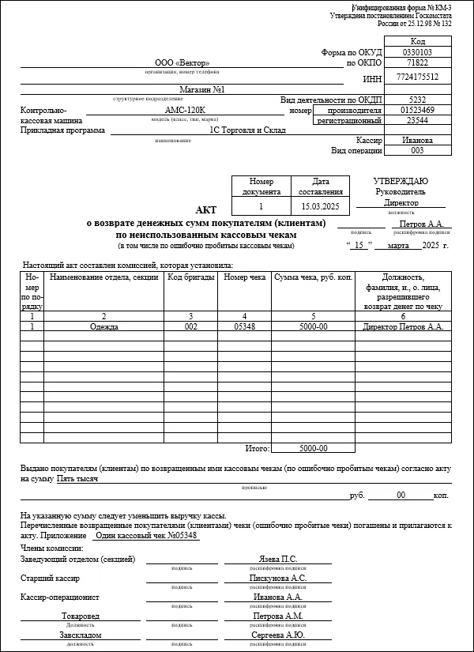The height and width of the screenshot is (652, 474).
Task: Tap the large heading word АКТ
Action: tap(205, 209)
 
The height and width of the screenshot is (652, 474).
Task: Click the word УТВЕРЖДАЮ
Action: tap(401, 182)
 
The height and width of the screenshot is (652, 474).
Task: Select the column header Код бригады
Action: tap(190, 277)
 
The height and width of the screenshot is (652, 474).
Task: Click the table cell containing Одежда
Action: tap(103, 326)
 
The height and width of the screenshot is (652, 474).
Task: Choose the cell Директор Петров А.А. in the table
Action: tap(401, 326)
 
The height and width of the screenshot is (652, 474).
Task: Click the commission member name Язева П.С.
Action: tap(277, 560)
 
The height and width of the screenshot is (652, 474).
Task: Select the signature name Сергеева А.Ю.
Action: tap(277, 635)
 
